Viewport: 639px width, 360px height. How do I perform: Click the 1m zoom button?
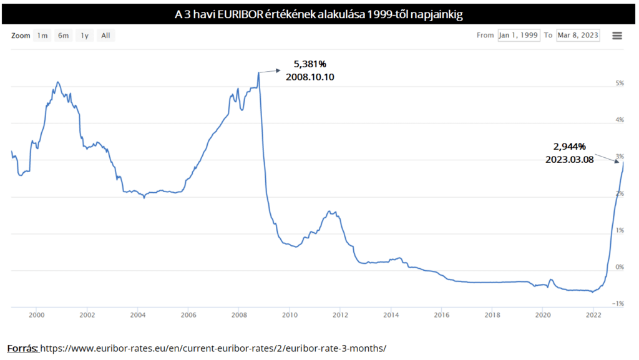click(x=42, y=36)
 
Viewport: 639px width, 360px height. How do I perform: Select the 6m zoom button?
click(x=64, y=36)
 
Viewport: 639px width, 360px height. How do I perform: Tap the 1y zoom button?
click(x=84, y=36)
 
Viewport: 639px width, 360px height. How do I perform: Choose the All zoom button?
click(x=105, y=36)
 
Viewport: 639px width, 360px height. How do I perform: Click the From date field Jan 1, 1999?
click(x=519, y=36)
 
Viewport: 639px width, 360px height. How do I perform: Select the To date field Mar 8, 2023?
click(x=577, y=36)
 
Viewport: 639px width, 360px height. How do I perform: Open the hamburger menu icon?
click(x=617, y=36)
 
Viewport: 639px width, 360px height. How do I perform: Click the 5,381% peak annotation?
click(x=310, y=64)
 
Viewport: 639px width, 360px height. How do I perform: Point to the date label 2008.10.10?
click(x=310, y=77)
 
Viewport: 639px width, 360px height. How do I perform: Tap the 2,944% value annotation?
click(x=569, y=146)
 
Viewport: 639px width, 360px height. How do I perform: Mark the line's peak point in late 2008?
click(x=258, y=72)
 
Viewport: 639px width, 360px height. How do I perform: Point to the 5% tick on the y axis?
click(x=620, y=84)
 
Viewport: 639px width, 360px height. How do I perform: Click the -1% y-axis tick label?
click(x=619, y=304)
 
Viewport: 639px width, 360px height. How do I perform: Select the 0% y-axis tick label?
click(x=620, y=267)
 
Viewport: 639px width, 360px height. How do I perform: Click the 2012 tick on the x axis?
click(x=340, y=316)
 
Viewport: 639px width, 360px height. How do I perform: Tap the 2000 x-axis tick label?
click(x=36, y=316)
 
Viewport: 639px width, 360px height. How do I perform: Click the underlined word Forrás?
click(x=23, y=348)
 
